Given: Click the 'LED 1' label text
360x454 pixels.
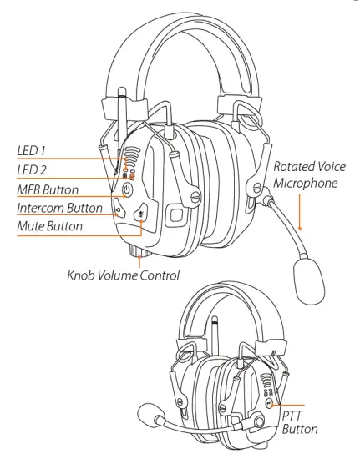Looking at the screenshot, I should [33, 151].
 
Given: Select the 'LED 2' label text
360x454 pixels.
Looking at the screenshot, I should [33, 170].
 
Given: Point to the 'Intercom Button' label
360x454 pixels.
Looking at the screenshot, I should [59, 208].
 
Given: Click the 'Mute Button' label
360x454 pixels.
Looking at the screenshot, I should [49, 225].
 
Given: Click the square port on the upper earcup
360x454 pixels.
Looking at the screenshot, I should [178, 214].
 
